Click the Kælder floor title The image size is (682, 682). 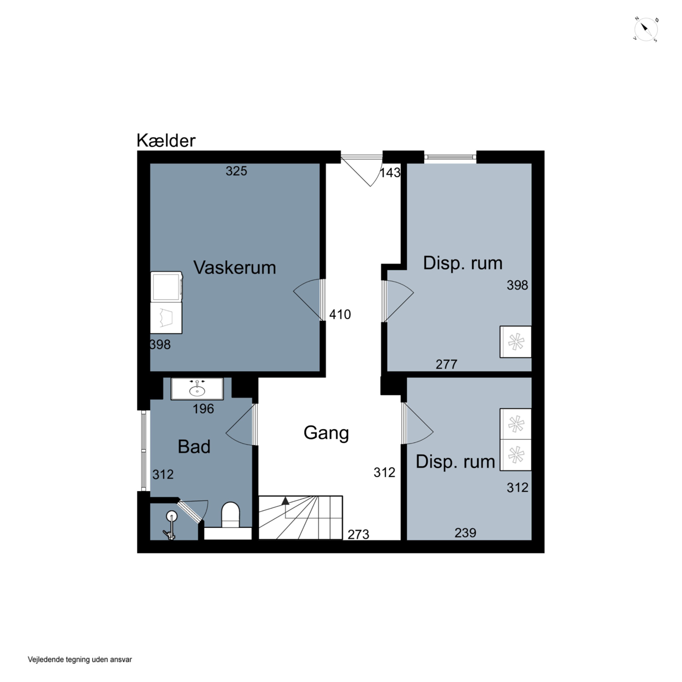(166, 140)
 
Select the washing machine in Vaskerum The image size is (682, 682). (166, 286)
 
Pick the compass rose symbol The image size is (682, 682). (646, 30)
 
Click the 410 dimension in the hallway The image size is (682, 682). (340, 314)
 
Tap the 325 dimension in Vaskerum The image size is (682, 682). (236, 171)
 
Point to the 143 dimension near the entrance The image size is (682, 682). (390, 173)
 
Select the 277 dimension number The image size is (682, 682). (446, 364)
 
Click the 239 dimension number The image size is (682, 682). (465, 533)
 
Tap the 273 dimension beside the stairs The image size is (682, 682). (358, 534)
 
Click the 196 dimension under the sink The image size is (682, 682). (203, 409)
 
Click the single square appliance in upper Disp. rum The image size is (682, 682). (515, 342)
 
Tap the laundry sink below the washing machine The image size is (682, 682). (166, 318)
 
